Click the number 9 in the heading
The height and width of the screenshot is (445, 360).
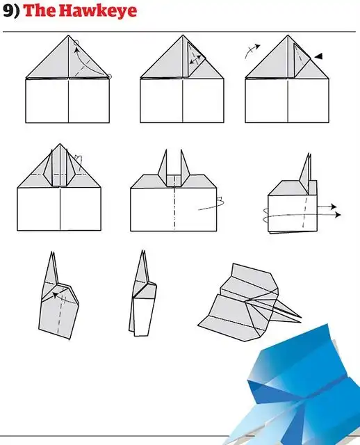click(8, 10)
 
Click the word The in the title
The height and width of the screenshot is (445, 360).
click(38, 10)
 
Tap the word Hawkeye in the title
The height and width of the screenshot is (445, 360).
click(96, 11)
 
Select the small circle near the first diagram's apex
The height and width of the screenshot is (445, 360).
click(76, 43)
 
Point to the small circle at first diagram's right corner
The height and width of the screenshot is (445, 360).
click(110, 76)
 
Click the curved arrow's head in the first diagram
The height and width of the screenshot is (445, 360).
click(76, 51)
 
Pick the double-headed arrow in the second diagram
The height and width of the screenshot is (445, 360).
click(195, 60)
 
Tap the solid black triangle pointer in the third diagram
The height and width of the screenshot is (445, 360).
click(318, 56)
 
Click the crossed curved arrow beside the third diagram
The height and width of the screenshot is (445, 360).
click(252, 50)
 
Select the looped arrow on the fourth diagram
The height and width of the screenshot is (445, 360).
click(79, 162)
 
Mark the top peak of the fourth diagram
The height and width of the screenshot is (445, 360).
click(60, 144)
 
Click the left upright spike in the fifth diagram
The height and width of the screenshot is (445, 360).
click(163, 167)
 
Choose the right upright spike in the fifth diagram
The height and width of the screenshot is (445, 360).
click(185, 167)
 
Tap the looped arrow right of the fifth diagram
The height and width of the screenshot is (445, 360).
click(212, 204)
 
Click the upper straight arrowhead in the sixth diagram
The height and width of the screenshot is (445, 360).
click(334, 207)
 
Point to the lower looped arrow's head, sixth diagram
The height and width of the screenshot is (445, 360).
click(338, 215)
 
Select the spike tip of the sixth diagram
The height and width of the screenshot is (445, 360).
click(309, 154)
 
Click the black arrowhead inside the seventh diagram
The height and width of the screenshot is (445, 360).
click(56, 296)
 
